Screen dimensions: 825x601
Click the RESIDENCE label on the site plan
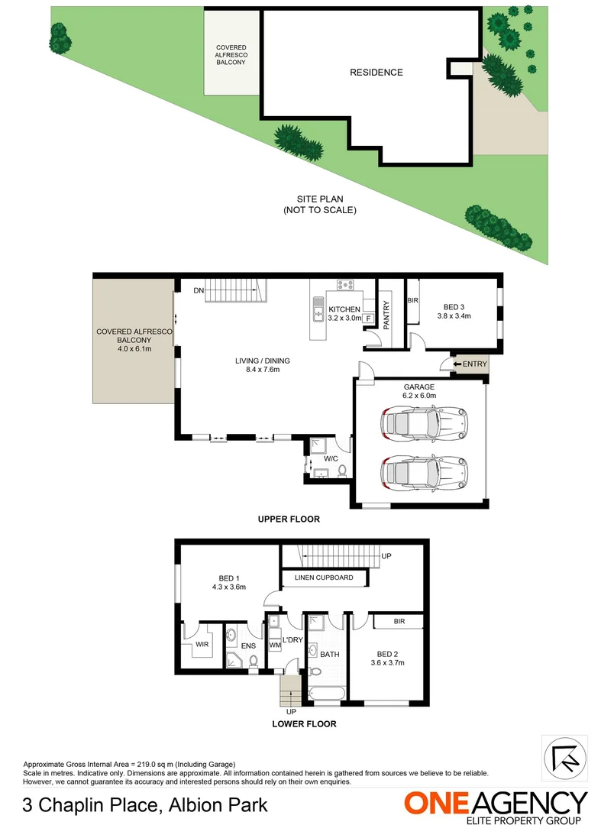(x=376, y=73)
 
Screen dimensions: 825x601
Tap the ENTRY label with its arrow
(x=468, y=364)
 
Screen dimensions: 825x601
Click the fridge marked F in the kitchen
(x=368, y=318)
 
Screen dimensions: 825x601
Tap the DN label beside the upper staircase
(x=198, y=290)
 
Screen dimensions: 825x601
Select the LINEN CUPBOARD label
(x=324, y=577)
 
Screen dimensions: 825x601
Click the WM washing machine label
(x=274, y=646)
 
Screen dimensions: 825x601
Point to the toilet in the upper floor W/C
(x=341, y=470)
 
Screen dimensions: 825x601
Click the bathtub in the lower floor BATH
(x=325, y=694)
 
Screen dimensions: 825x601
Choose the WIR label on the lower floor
(x=202, y=644)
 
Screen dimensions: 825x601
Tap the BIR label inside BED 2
(x=399, y=622)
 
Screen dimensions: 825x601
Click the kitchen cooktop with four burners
(x=346, y=286)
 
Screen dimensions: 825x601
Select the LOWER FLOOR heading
(x=304, y=723)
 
